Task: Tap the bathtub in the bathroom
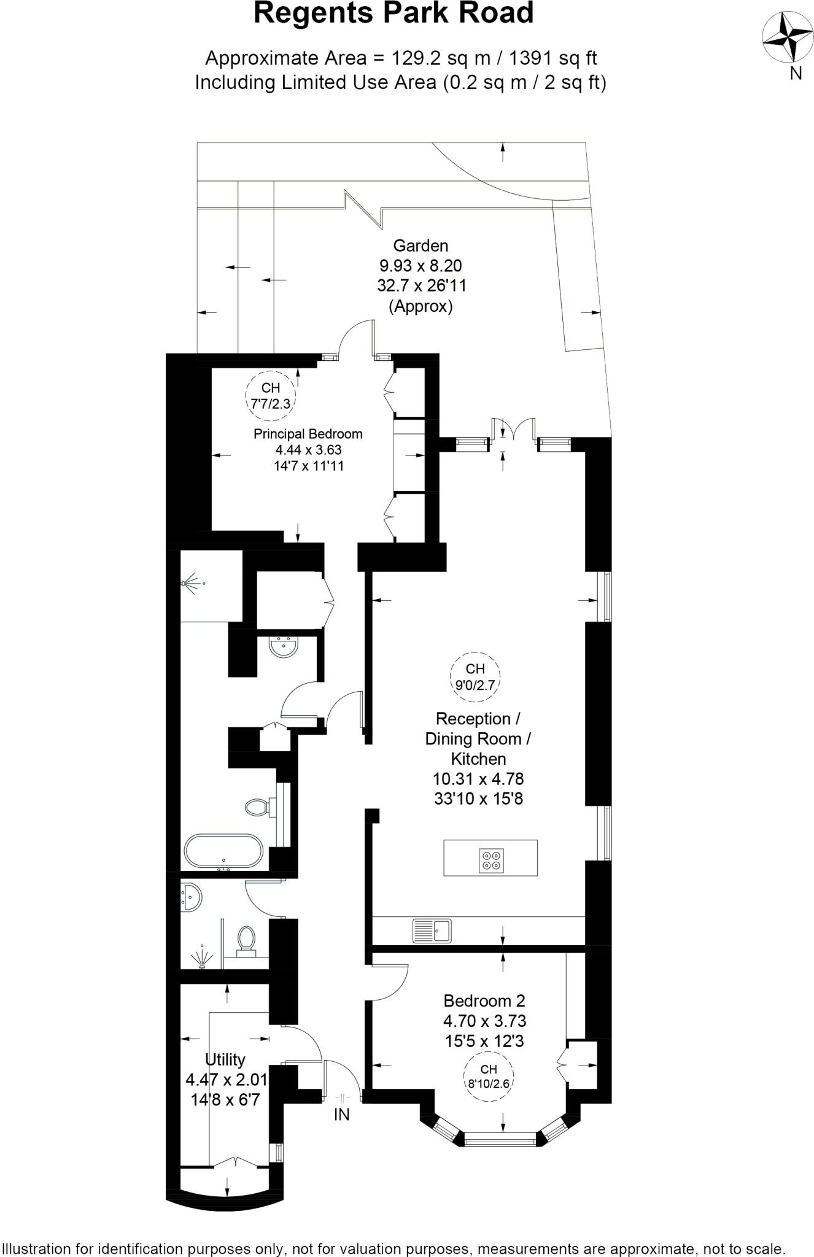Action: coord(223,851)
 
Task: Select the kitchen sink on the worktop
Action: coord(432,930)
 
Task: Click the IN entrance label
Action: coord(341,1115)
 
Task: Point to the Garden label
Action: coord(421,246)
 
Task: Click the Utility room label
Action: coord(225,1059)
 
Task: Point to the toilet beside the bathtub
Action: coord(257,807)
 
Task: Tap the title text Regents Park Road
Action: coord(393,14)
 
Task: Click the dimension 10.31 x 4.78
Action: coord(478,778)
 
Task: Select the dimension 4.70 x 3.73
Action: coord(484,1021)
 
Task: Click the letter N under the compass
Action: coord(796,73)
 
